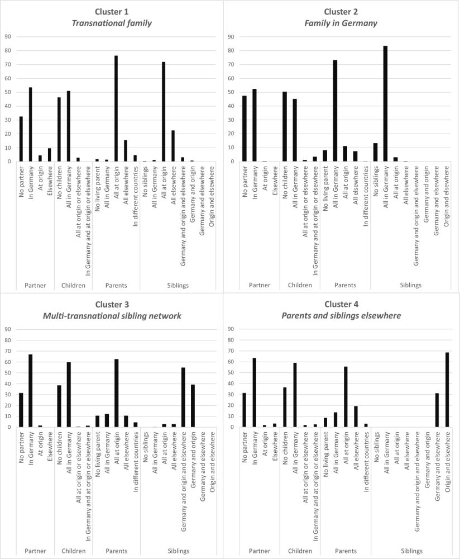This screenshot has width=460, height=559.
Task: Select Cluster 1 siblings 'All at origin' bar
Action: coord(163,112)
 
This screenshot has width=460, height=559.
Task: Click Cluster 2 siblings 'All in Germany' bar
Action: coord(385,103)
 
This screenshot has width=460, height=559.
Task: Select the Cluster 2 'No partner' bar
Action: coord(245,129)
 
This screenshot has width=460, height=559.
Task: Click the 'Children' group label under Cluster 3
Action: coord(73,552)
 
